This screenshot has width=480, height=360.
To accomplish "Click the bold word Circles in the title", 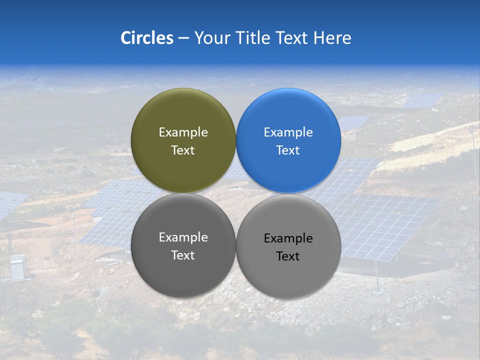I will (146, 38).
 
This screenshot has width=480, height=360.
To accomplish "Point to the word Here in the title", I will (332, 38).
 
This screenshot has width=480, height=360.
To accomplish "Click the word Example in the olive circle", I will (183, 132).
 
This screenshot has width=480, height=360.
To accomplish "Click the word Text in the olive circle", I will (183, 150).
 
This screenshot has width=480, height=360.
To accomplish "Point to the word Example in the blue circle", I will (288, 132).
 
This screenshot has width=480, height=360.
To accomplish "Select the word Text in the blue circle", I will (288, 150).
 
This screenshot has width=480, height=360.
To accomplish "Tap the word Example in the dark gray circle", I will (183, 237).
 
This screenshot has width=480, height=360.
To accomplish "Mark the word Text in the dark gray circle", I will (183, 255).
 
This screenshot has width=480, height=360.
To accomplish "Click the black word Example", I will (288, 238).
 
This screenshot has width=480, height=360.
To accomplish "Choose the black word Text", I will (288, 256).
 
